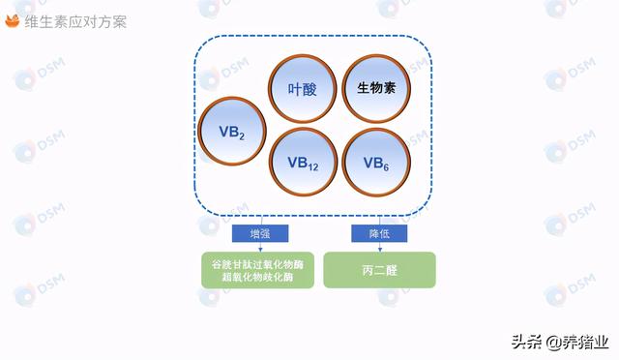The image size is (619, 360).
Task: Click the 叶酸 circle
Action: (x=303, y=89)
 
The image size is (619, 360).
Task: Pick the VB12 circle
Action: (x=303, y=163)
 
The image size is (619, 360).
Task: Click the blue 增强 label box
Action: (x=260, y=233)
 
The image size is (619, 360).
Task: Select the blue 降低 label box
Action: (x=379, y=233)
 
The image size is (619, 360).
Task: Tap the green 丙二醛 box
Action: (x=379, y=270)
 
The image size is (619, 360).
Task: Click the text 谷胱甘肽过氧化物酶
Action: (x=257, y=263)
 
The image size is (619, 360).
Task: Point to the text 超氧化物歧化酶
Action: (x=257, y=278)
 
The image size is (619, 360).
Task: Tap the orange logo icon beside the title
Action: (x=14, y=21)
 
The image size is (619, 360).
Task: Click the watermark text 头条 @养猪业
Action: (x=560, y=341)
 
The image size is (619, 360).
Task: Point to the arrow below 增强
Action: (x=260, y=247)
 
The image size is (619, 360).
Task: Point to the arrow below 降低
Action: (x=379, y=247)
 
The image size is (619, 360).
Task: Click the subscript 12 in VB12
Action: (x=313, y=166)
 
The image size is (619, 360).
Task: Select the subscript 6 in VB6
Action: (x=387, y=166)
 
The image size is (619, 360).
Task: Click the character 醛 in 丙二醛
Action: (x=393, y=270)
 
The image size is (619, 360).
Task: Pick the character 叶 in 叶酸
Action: (x=295, y=89)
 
